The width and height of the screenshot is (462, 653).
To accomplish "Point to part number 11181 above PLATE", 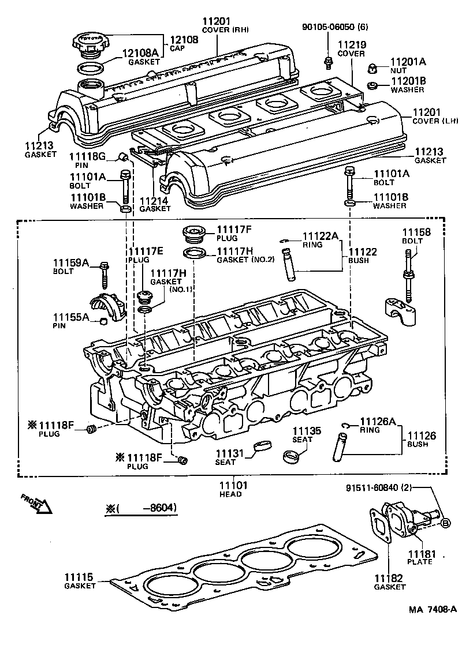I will [x=419, y=553].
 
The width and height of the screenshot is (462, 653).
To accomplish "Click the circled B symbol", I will [x=446, y=523].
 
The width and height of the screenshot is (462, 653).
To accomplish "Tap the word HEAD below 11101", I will [x=230, y=494].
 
